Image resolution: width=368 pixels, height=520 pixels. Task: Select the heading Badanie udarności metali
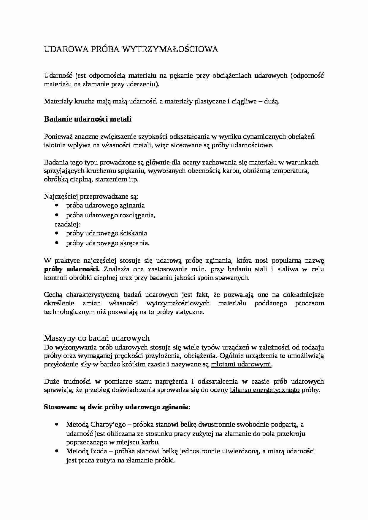88,119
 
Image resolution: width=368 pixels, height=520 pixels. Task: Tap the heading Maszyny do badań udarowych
96,338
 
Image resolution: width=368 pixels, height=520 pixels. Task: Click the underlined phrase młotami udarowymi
241,364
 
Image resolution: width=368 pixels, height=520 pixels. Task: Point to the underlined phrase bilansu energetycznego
265,390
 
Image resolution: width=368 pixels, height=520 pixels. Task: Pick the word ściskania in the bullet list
133,233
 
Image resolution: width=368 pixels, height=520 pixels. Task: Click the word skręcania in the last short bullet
134,243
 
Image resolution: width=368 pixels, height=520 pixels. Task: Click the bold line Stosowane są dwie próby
116,407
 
